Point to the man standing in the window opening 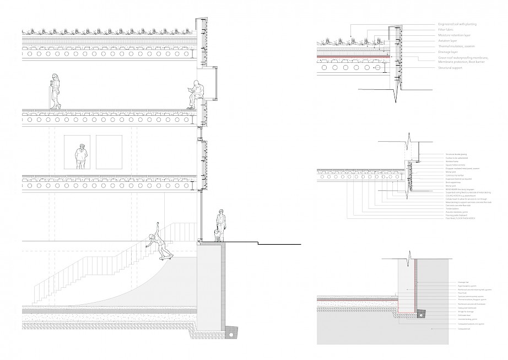(x=80, y=157)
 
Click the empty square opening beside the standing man (x=109, y=152)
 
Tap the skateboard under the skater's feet (x=165, y=257)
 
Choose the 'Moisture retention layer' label (x=453, y=35)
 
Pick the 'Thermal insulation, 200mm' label (x=456, y=46)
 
